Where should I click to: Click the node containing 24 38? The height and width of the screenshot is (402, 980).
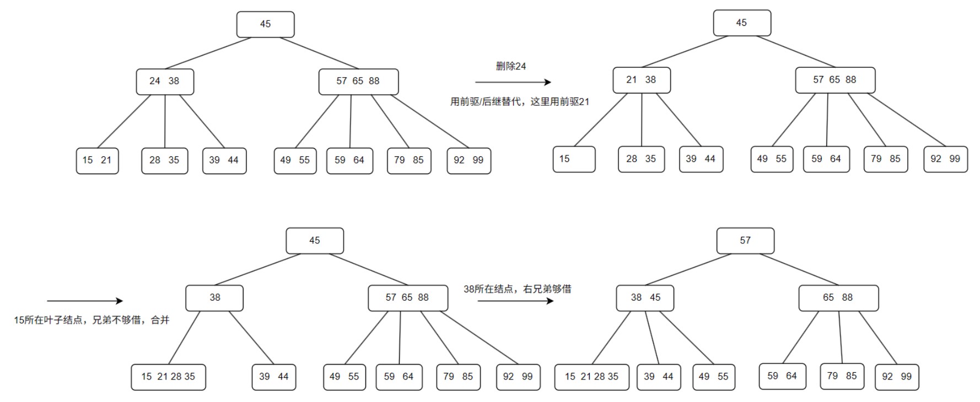[165, 82]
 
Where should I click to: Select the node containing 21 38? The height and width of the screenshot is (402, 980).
[642, 80]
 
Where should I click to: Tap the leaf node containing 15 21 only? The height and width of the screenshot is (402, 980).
[97, 160]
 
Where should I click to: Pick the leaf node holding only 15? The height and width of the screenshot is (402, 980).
[574, 159]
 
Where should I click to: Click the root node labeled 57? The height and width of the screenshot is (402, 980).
[745, 241]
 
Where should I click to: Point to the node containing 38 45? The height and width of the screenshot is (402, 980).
[645, 298]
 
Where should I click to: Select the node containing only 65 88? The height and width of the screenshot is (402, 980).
[838, 298]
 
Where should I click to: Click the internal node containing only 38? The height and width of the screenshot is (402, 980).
[214, 298]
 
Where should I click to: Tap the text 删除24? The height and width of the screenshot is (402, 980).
[511, 66]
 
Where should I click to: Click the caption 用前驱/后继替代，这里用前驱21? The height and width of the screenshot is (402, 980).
[520, 102]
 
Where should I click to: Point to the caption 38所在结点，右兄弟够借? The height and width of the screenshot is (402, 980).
[517, 289]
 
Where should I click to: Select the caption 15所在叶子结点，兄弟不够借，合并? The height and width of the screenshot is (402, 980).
[91, 320]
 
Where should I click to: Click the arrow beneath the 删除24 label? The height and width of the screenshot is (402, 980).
[513, 83]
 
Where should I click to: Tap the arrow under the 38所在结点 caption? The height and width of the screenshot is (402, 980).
[515, 301]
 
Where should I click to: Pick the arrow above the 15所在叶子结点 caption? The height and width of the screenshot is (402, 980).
[85, 301]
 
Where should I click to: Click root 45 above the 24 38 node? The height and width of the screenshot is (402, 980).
[265, 24]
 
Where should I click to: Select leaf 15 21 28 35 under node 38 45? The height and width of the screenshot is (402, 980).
[591, 377]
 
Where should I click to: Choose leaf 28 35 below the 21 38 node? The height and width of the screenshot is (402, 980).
[641, 159]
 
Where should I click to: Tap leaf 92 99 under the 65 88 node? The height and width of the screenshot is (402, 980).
[896, 377]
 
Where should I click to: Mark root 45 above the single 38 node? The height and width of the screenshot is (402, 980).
[314, 241]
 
